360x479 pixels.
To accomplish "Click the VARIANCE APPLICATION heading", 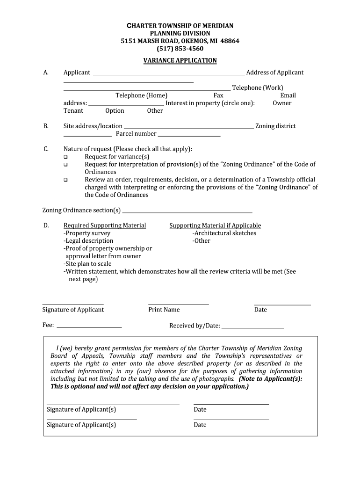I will pyautogui.click(x=180, y=60).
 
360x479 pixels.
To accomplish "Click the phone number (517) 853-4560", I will pyautogui.click(x=180, y=49).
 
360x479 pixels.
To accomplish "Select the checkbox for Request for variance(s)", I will pyautogui.click(x=66, y=157).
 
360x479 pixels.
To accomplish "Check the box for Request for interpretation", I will pyautogui.click(x=66, y=165).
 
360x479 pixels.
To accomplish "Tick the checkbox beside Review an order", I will pyautogui.click(x=66, y=180).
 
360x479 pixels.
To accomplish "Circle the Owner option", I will pyautogui.click(x=282, y=103).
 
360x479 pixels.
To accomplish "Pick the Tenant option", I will pyautogui.click(x=73, y=111).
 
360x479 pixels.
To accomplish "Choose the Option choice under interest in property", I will pyautogui.click(x=115, y=111).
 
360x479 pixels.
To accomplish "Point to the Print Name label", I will pyautogui.click(x=164, y=310).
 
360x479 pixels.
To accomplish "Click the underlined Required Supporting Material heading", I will pyautogui.click(x=105, y=225).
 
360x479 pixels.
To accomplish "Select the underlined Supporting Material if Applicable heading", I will pyautogui.click(x=215, y=225).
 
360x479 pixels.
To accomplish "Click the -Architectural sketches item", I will pyautogui.click(x=224, y=233).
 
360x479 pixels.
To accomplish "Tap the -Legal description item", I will pyautogui.click(x=88, y=241).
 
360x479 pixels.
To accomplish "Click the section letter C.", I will pyautogui.click(x=46, y=149).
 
